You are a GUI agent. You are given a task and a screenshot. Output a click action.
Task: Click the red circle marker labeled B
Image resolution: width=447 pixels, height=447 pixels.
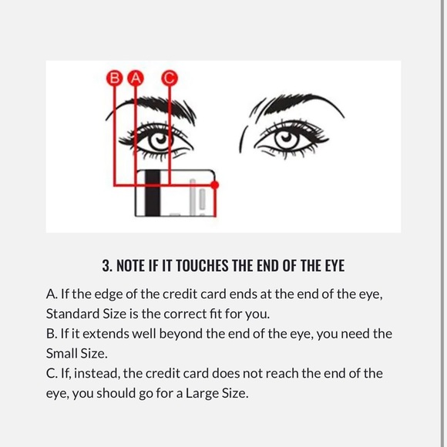[x=115, y=78]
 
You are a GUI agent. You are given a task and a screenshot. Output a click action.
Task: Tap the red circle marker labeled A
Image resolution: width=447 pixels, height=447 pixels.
[x=136, y=78]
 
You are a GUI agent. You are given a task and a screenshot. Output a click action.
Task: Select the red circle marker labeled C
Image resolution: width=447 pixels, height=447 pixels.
[x=170, y=78]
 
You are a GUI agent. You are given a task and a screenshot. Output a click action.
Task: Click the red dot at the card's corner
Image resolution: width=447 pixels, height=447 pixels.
[x=215, y=185]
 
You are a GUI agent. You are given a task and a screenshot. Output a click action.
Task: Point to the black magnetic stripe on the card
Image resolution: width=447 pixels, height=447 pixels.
[x=153, y=193]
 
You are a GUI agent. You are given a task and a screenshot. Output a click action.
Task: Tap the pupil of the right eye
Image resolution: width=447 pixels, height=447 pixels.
[x=287, y=138]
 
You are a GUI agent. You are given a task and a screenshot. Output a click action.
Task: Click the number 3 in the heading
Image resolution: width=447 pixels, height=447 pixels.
[x=106, y=266]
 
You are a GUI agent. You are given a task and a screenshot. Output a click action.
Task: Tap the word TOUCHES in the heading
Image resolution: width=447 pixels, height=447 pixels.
[x=203, y=266]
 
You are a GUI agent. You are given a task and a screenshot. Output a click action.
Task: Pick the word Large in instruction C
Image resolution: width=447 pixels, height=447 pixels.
[x=202, y=394]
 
